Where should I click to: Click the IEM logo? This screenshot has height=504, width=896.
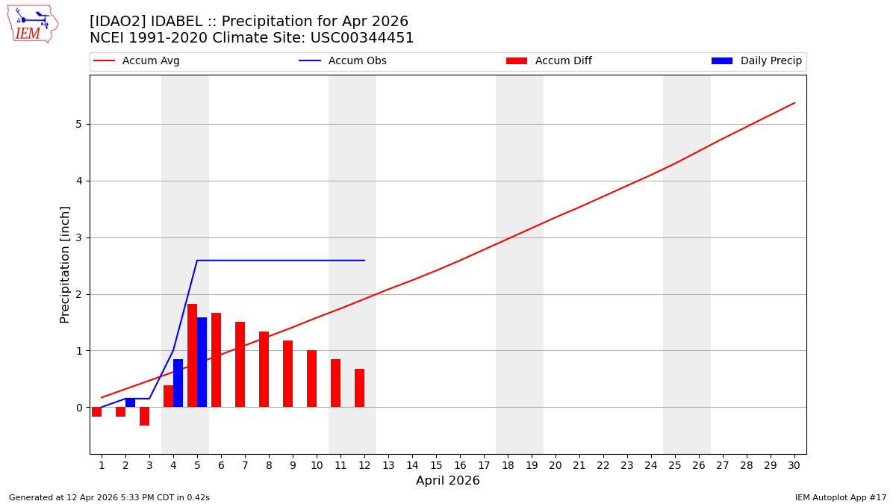pos(32,24)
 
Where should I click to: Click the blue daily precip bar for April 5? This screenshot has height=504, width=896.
pos(202,362)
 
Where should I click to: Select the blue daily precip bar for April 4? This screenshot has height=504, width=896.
pos(178,383)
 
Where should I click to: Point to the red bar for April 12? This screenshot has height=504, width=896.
pos(359,388)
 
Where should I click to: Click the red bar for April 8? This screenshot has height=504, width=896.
pos(264,370)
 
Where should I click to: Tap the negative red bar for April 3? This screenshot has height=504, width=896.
pos(144,416)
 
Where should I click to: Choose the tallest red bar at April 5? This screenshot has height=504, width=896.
pos(192,355)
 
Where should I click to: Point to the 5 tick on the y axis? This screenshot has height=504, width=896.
pos(78,125)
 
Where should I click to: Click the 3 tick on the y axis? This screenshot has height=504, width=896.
pos(78,237)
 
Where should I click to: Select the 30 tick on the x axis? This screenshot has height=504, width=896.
pos(794,465)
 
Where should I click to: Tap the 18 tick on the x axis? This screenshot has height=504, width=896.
pos(508,465)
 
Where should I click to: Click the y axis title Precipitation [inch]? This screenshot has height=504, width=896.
pos(65,264)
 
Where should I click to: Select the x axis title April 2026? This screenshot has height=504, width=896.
pos(448,481)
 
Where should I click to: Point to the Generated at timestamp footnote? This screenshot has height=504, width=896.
pos(109,497)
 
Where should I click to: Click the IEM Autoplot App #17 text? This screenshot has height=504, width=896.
pos(841,497)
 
